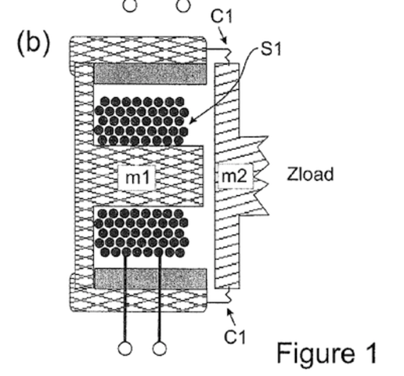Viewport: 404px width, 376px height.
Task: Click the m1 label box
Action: click(137, 178)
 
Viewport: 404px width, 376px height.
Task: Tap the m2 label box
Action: click(236, 176)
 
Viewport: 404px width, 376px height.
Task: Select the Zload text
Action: click(310, 174)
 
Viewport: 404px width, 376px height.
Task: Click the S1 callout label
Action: click(271, 49)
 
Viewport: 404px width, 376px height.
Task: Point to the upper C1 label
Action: click(221, 16)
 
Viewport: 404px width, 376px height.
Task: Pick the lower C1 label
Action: click(235, 337)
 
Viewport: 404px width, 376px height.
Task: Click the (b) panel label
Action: click(33, 43)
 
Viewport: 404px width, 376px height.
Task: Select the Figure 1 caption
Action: click(326, 352)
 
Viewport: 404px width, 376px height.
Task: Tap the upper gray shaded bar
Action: click(150, 74)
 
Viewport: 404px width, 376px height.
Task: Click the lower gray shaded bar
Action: click(150, 279)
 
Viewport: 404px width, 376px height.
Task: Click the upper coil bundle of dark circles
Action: click(141, 121)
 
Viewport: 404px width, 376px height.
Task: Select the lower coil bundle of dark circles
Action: click(141, 233)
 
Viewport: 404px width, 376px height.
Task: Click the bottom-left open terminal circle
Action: click(125, 349)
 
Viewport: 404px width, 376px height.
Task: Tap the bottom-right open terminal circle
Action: click(159, 349)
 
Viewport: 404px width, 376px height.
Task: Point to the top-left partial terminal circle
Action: click(130, 5)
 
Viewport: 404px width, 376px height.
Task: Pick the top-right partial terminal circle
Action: click(183, 5)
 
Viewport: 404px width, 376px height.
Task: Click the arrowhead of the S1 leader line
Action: click(192, 121)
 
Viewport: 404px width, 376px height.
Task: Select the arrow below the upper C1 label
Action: click(222, 35)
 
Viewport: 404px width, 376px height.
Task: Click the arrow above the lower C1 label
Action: click(232, 317)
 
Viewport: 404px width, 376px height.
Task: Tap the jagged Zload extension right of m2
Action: click(254, 175)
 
